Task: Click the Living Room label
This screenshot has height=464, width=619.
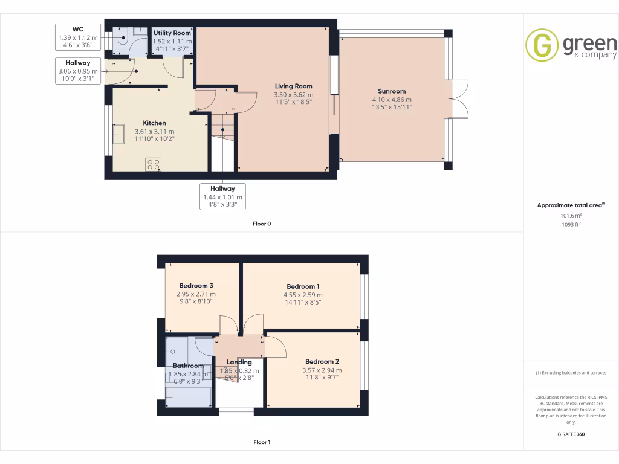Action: tap(293, 86)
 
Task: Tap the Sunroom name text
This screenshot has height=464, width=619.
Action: tap(392, 91)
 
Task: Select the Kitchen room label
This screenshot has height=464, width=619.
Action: tap(154, 123)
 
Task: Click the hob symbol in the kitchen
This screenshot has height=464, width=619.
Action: tap(153, 164)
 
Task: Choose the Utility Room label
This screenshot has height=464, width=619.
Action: tap(172, 33)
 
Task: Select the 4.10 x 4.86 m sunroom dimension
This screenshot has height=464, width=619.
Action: tap(392, 100)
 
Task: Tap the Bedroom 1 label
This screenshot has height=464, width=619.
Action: tap(303, 286)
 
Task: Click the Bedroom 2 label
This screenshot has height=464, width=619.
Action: tap(322, 362)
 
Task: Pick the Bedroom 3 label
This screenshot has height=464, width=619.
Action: tap(196, 285)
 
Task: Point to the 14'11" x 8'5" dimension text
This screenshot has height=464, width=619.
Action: tap(303, 303)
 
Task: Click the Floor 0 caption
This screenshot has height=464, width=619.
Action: tap(262, 224)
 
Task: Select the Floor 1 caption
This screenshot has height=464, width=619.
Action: tap(262, 442)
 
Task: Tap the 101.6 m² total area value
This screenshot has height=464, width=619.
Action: tap(571, 215)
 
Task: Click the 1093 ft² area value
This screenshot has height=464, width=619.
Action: tap(571, 224)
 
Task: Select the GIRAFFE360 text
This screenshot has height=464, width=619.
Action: tap(571, 434)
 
